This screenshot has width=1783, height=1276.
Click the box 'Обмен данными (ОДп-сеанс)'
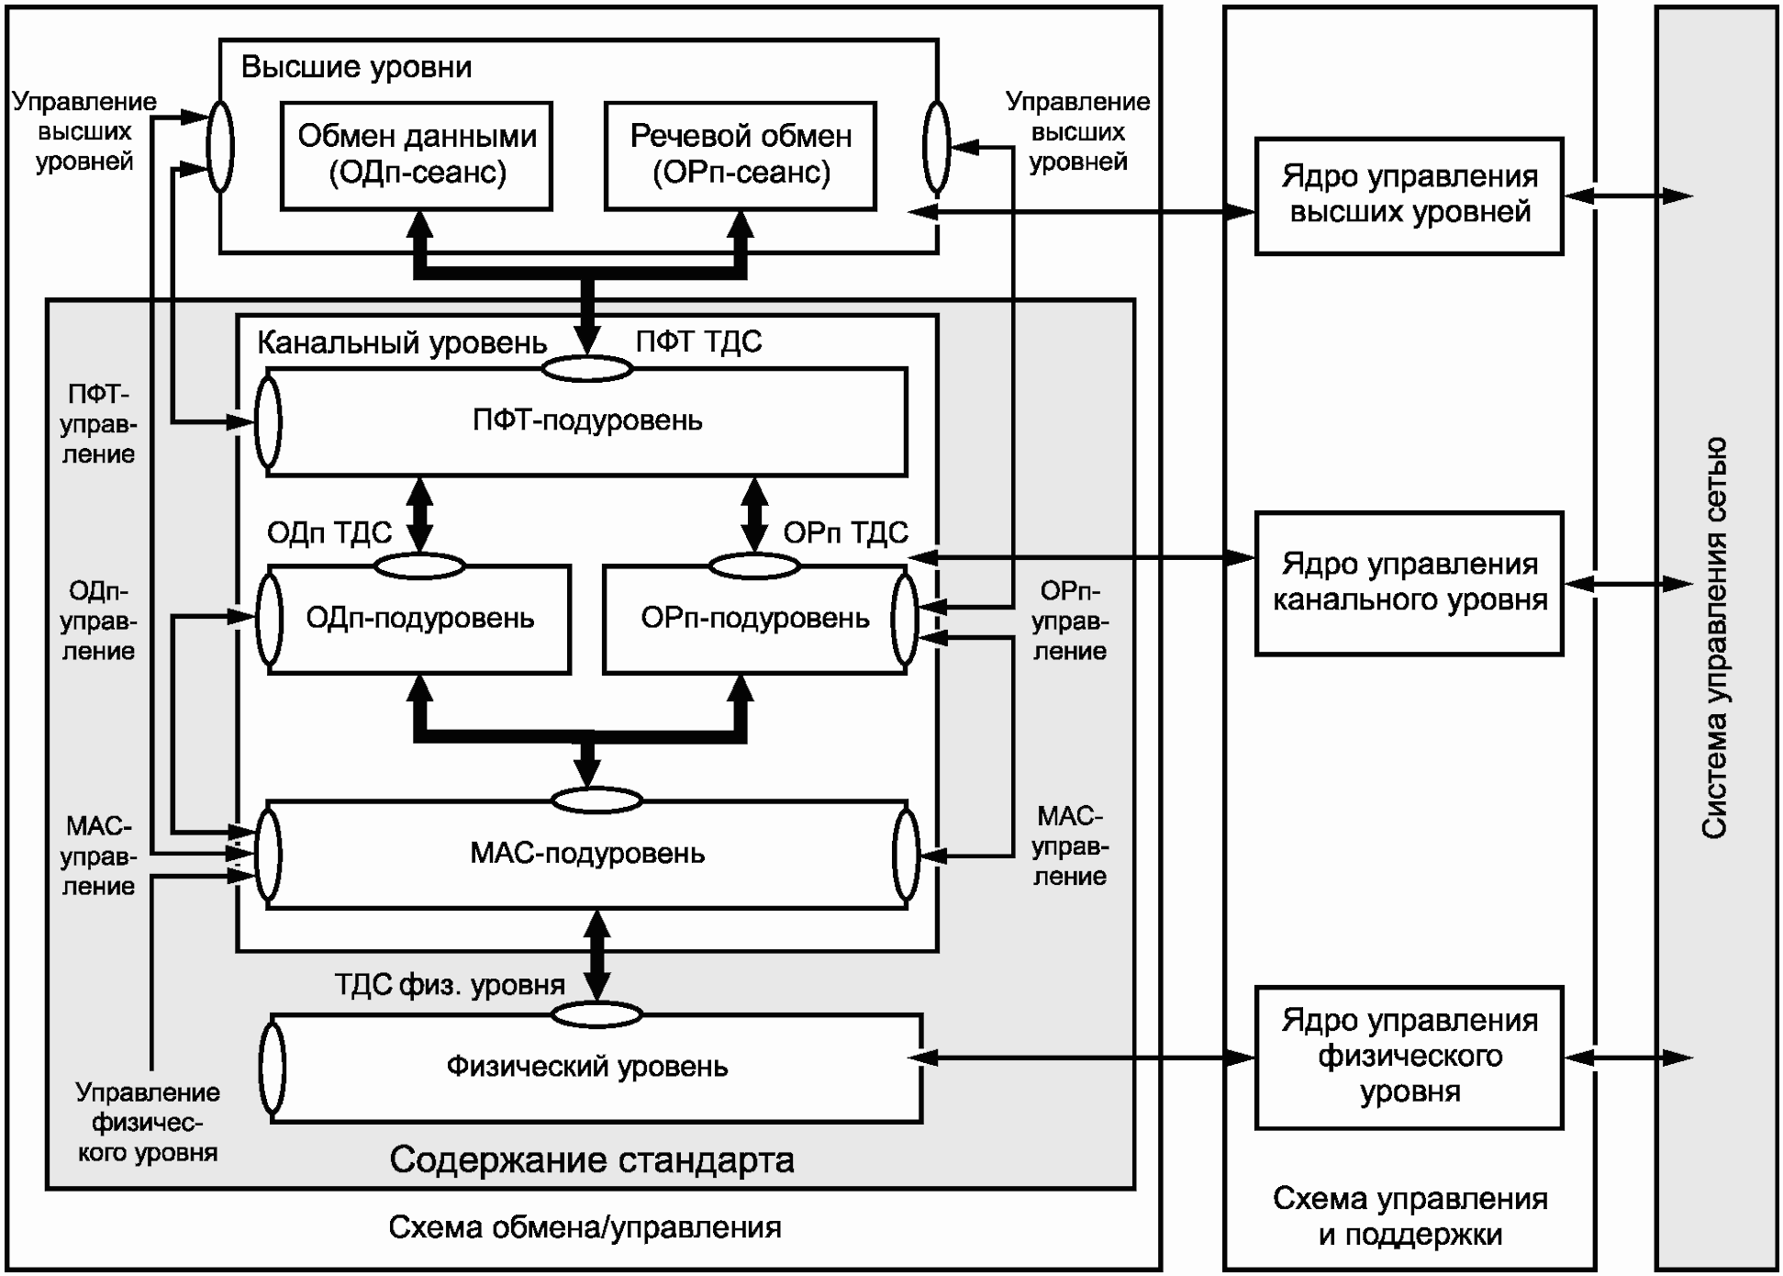point(417,155)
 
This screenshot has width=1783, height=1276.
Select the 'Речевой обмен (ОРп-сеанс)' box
point(741,155)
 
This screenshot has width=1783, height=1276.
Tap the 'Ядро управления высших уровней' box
point(1409,196)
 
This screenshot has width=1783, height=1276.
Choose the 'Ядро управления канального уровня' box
point(1409,583)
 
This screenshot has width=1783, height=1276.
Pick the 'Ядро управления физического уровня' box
point(1409,1057)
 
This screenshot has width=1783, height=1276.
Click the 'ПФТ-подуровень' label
point(587,421)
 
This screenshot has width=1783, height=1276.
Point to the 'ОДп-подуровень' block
point(419,619)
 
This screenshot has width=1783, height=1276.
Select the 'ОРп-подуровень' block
point(754,619)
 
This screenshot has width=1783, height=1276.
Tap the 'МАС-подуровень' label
point(587,854)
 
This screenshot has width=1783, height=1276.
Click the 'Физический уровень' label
point(587,1067)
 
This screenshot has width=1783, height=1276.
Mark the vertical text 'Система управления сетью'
point(1714,638)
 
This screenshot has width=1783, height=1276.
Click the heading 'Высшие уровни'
point(356,68)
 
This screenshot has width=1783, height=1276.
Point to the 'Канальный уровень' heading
point(402,343)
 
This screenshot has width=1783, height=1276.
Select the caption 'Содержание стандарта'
point(592,1160)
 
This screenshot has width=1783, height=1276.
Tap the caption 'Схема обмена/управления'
point(585,1228)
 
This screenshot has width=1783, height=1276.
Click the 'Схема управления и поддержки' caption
point(1410,1216)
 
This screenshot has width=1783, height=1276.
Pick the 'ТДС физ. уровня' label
point(450,986)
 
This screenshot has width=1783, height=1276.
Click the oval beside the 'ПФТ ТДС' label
point(587,369)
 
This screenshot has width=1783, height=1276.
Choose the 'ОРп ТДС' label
point(845,533)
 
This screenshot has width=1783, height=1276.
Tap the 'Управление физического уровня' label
point(148,1123)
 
